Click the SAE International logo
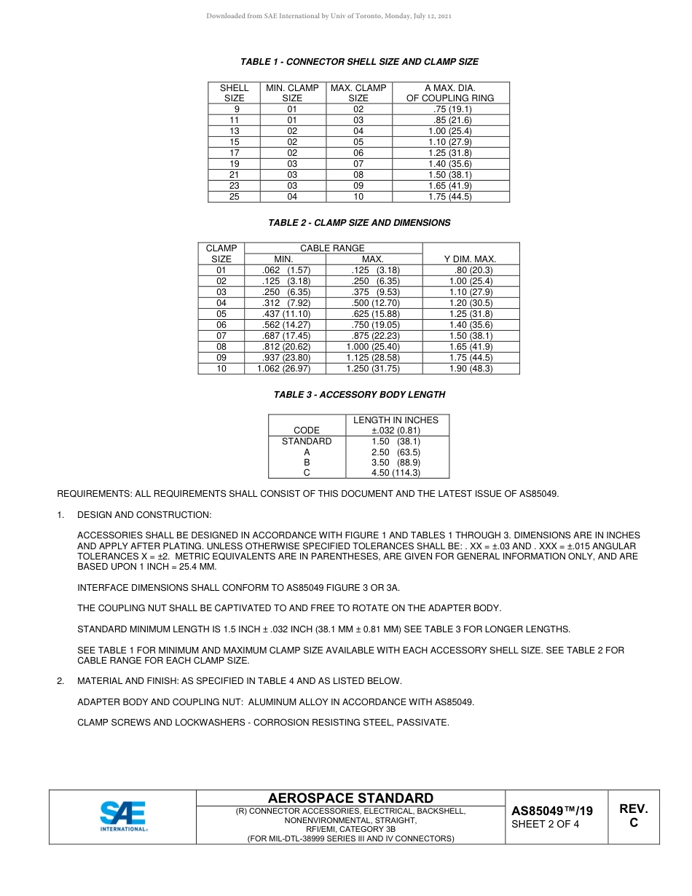pos(123,816)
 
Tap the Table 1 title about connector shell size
pos(359,62)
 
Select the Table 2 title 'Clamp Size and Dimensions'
pos(359,223)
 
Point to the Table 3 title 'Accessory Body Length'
pos(359,395)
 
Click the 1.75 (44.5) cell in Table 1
pos(450,197)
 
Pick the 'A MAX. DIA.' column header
pos(450,93)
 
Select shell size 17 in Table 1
pos(234,153)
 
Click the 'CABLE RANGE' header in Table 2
pos(332,248)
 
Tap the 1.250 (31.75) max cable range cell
pos(372,369)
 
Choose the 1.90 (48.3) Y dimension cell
pos(471,369)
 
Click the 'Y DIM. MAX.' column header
pos(471,259)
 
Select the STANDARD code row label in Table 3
pos(307,441)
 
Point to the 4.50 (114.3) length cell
pos(396,473)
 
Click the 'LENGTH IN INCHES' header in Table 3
pos(396,420)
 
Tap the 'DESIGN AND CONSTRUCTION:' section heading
pos(144,515)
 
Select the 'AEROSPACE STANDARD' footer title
pos(350,798)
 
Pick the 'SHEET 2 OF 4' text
pos(546,825)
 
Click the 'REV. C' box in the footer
pos(633,816)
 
